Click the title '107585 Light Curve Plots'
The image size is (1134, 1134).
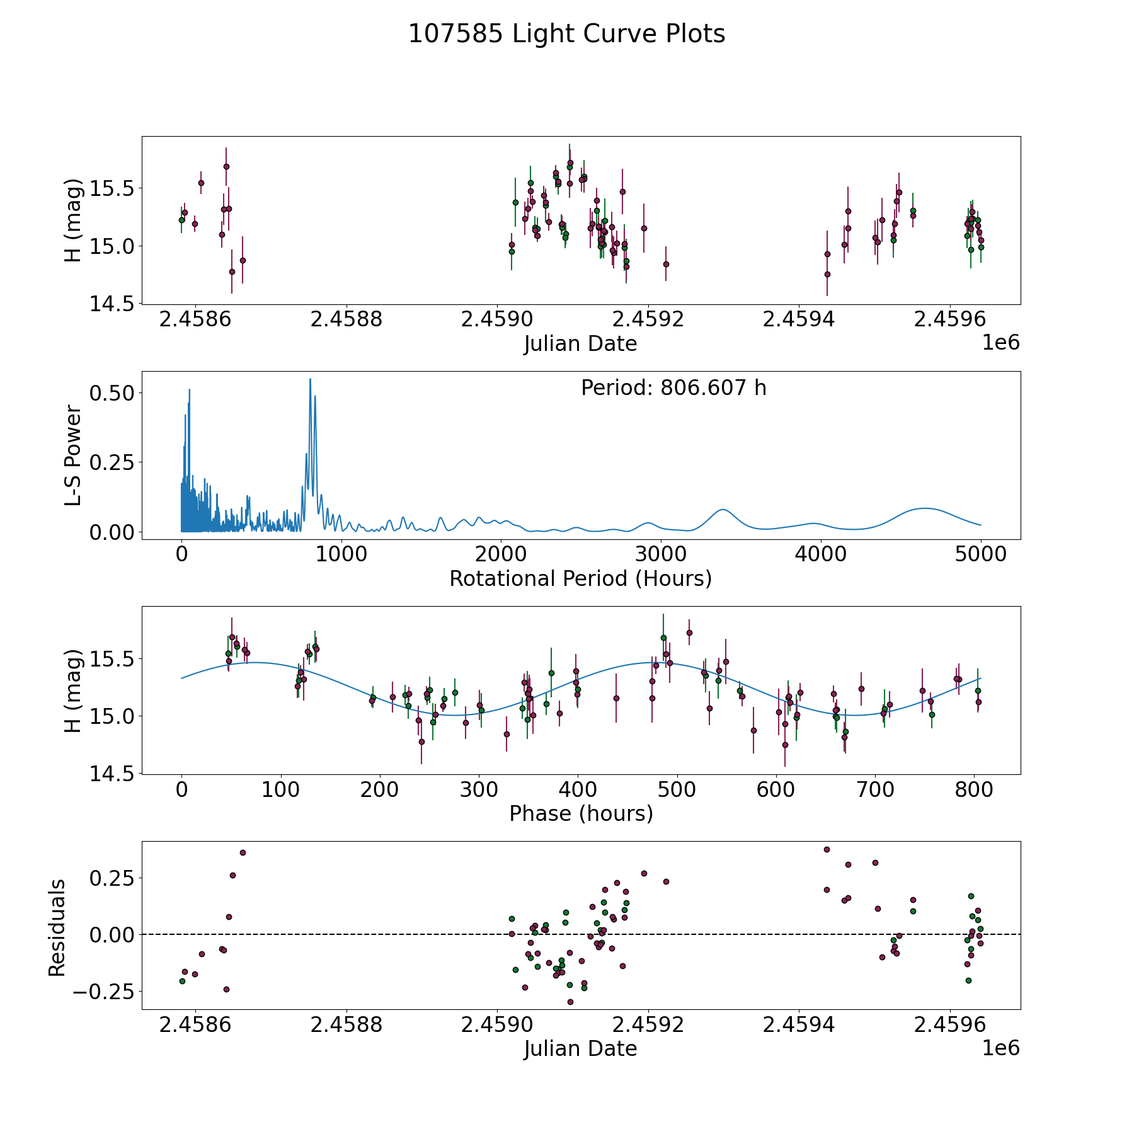(566, 34)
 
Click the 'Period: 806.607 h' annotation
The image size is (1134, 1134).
(673, 388)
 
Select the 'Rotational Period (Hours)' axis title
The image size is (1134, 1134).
(580, 578)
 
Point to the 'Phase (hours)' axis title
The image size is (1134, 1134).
(581, 813)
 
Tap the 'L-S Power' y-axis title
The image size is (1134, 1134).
(73, 455)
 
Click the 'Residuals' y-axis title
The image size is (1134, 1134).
(57, 927)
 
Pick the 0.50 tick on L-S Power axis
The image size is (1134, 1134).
(112, 393)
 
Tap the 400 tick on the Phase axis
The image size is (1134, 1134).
(578, 790)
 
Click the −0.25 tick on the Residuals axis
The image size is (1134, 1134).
(103, 991)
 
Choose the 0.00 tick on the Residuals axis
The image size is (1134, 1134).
(112, 934)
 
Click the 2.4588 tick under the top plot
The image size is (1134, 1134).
(346, 320)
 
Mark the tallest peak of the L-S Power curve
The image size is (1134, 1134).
(310, 379)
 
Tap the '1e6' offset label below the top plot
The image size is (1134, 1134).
(1000, 343)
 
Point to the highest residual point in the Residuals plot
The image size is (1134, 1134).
(827, 849)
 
